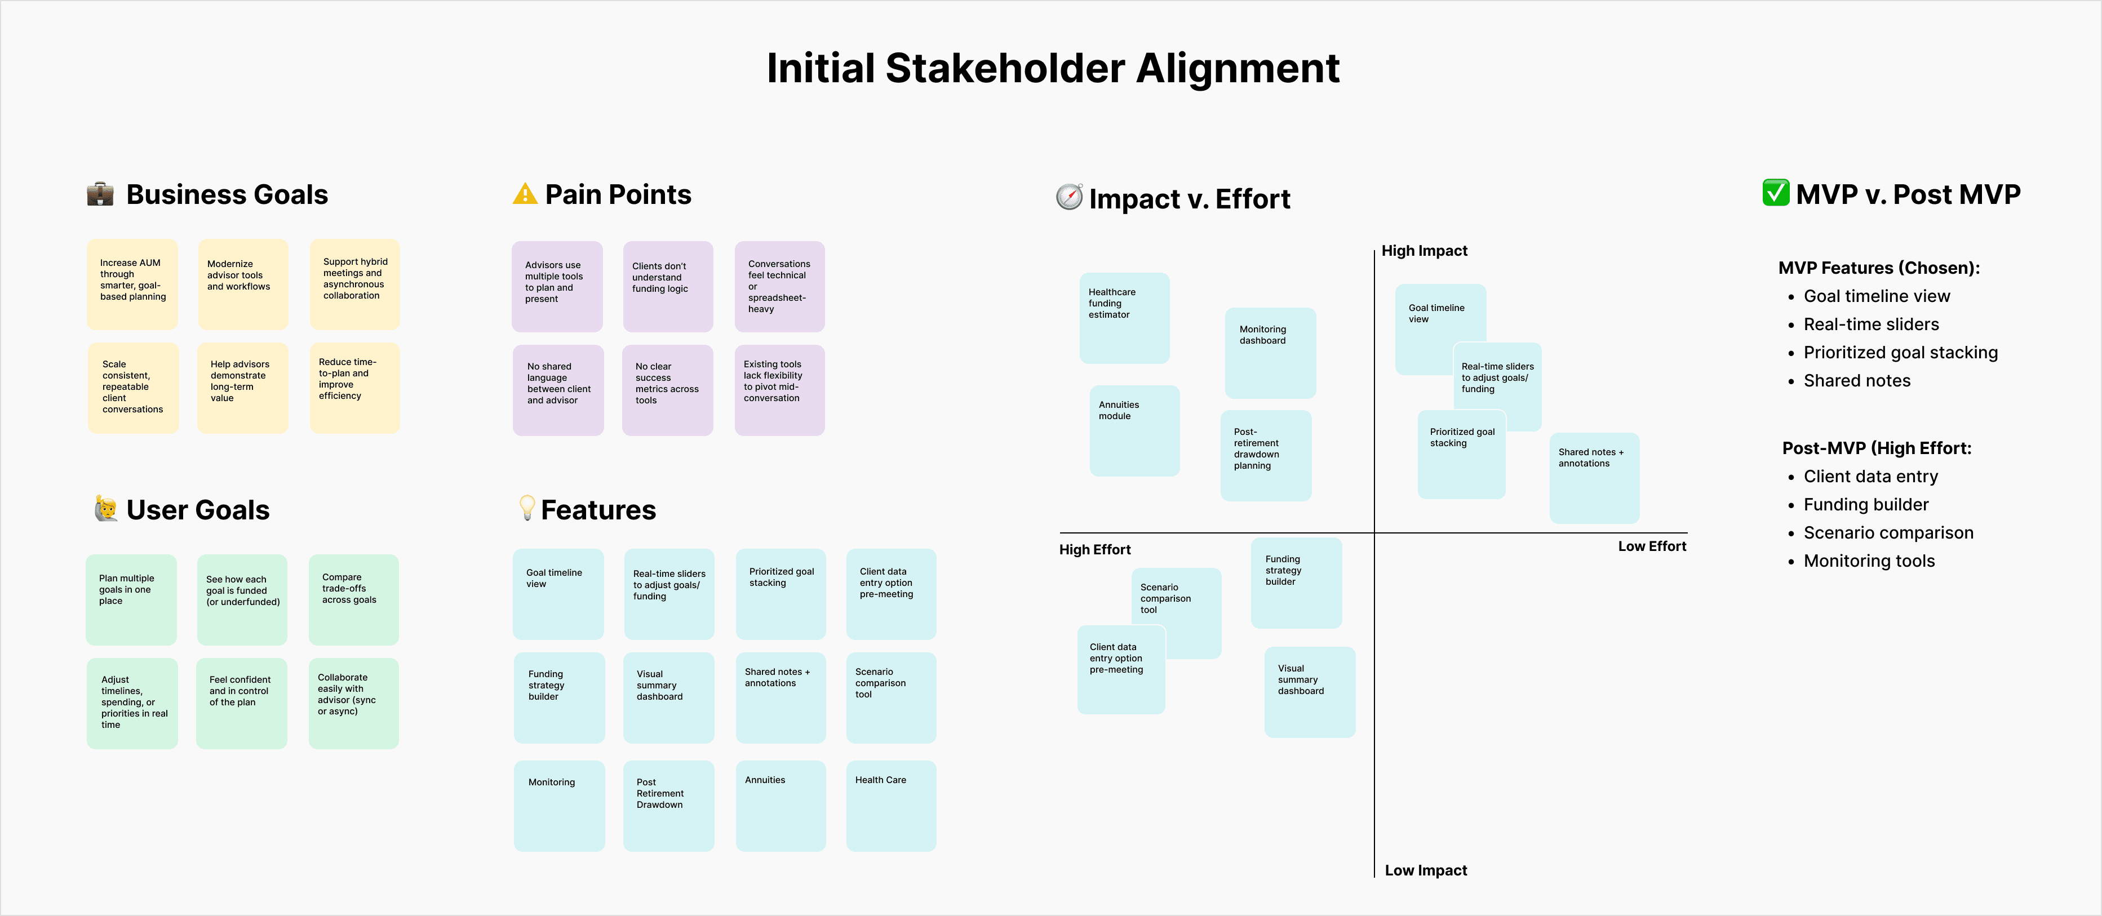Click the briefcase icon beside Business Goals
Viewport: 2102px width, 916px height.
100,194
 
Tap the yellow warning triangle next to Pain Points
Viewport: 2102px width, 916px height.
525,194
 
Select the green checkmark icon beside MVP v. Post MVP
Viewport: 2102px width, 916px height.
1776,193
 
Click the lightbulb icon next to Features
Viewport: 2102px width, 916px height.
527,508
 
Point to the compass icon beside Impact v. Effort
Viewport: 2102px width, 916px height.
1069,197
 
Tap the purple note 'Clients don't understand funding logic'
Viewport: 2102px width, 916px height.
667,286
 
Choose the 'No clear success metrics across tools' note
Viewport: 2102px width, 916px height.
667,389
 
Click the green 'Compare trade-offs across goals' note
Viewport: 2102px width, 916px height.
353,599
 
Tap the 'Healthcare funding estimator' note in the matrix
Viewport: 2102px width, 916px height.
1124,317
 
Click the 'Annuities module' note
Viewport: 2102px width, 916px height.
1134,430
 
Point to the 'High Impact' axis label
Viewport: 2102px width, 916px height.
1424,251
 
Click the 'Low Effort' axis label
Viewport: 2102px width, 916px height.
1652,546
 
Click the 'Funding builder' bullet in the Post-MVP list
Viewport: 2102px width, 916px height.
1865,505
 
